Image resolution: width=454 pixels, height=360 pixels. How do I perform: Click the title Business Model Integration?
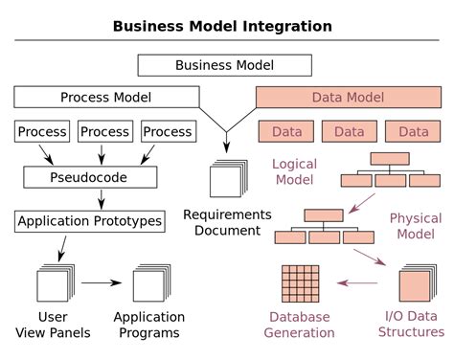pyautogui.click(x=222, y=26)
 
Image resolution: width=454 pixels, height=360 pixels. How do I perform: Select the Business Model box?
pyautogui.click(x=224, y=65)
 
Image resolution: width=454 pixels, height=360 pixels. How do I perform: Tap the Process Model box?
pyautogui.click(x=105, y=97)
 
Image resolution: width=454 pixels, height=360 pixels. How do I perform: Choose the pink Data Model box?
pyautogui.click(x=347, y=97)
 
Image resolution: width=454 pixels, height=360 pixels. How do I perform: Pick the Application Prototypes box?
pyautogui.click(x=89, y=221)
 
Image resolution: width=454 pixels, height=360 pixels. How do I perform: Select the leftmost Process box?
pyautogui.click(x=42, y=131)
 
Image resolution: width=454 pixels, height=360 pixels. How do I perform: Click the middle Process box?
pyautogui.click(x=104, y=131)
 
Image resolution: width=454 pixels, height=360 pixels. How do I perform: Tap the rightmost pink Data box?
pyautogui.click(x=414, y=131)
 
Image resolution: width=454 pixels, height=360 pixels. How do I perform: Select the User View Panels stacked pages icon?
pyautogui.click(x=54, y=284)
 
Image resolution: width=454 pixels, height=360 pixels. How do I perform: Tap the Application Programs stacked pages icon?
pyautogui.click(x=149, y=284)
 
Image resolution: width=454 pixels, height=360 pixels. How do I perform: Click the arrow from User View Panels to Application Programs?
pyautogui.click(x=101, y=283)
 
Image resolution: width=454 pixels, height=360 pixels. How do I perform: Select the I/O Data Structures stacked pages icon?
pyautogui.click(x=416, y=284)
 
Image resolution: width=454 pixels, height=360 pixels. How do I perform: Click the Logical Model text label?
pyautogui.click(x=294, y=172)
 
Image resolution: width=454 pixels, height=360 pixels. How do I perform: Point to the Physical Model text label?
pyautogui.click(x=415, y=226)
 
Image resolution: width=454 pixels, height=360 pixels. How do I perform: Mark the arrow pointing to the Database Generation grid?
pyautogui.click(x=356, y=283)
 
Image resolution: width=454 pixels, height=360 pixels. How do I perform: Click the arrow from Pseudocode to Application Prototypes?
pyautogui.click(x=102, y=199)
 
